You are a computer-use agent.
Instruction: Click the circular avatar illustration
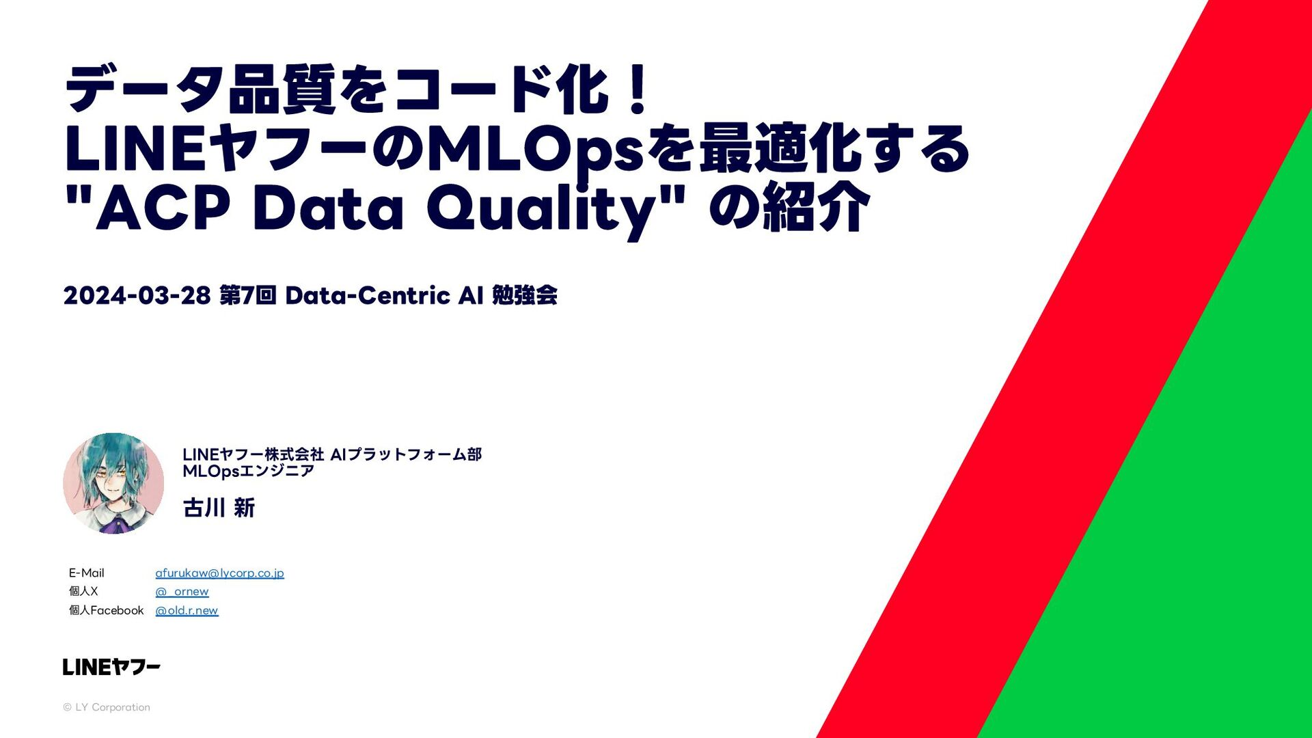113,483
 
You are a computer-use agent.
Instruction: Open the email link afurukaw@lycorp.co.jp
219,573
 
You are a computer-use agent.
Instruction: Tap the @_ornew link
182,592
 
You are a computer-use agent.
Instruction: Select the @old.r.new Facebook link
187,610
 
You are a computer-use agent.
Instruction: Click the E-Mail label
86,573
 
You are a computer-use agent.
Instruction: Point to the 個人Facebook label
106,610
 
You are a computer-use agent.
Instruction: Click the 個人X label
83,591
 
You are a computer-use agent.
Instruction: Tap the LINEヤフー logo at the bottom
111,667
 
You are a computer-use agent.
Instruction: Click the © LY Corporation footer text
107,707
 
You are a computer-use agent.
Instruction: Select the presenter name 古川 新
219,508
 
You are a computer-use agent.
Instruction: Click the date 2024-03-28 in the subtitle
137,295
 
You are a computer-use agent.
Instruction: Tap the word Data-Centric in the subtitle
368,295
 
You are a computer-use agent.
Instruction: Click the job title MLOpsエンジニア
248,471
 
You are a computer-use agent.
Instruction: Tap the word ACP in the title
163,208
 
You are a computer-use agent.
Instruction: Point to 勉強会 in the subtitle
524,295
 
